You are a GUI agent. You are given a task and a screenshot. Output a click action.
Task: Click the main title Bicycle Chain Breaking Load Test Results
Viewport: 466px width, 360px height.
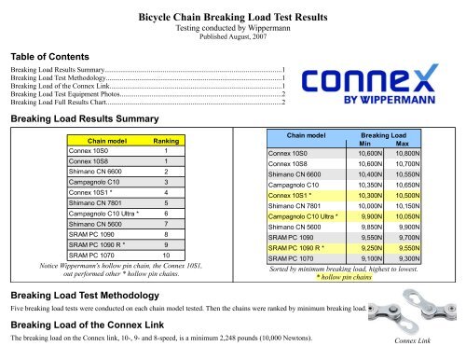pyautogui.click(x=235, y=17)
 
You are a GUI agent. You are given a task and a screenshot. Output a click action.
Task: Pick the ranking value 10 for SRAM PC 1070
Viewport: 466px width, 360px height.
pyautogui.click(x=165, y=255)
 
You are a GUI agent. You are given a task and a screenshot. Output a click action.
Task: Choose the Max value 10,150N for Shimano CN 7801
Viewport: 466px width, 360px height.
pyautogui.click(x=410, y=206)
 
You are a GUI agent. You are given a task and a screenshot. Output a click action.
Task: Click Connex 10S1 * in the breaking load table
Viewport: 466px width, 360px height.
pyautogui.click(x=296, y=195)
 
